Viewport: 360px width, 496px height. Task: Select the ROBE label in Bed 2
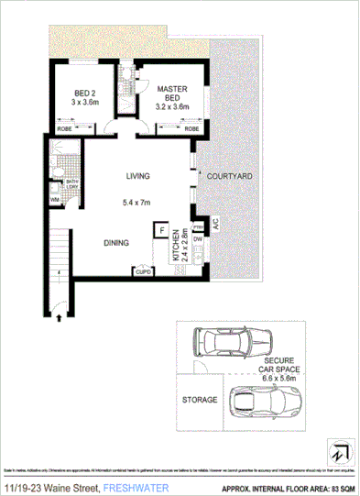tap(65, 129)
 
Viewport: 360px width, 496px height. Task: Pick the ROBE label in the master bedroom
tap(191, 129)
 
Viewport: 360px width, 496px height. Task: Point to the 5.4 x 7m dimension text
tap(139, 203)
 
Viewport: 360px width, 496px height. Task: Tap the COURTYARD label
tap(229, 175)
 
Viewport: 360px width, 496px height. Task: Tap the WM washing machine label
tap(55, 198)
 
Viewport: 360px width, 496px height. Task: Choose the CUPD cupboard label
tap(144, 271)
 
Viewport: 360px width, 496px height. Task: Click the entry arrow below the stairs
tap(60, 318)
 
